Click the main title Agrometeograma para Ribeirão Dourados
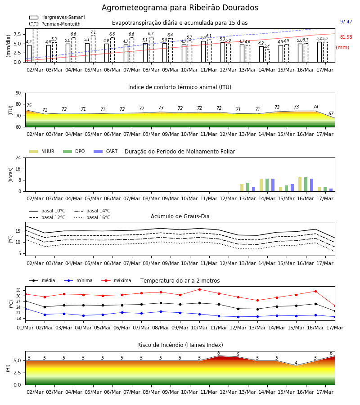[x=180, y=8]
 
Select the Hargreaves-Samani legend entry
[x=57, y=17]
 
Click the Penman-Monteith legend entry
[x=55, y=24]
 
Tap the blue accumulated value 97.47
[x=346, y=22]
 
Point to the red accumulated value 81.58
[x=346, y=37]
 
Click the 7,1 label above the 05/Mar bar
[x=93, y=32]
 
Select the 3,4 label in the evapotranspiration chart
[x=267, y=46]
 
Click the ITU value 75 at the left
[x=29, y=105]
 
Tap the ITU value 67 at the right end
[x=331, y=113]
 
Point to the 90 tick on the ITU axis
[x=18, y=93]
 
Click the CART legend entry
[x=106, y=151]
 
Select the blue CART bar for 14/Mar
[x=273, y=185]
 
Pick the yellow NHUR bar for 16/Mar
[x=300, y=184]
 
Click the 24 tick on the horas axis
[x=18, y=157]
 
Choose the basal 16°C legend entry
[x=92, y=217]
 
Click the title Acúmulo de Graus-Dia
[x=180, y=216]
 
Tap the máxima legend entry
[x=116, y=280]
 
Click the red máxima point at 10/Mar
[x=199, y=289]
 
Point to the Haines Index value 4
[x=296, y=362]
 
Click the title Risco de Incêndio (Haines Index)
[x=180, y=345]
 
